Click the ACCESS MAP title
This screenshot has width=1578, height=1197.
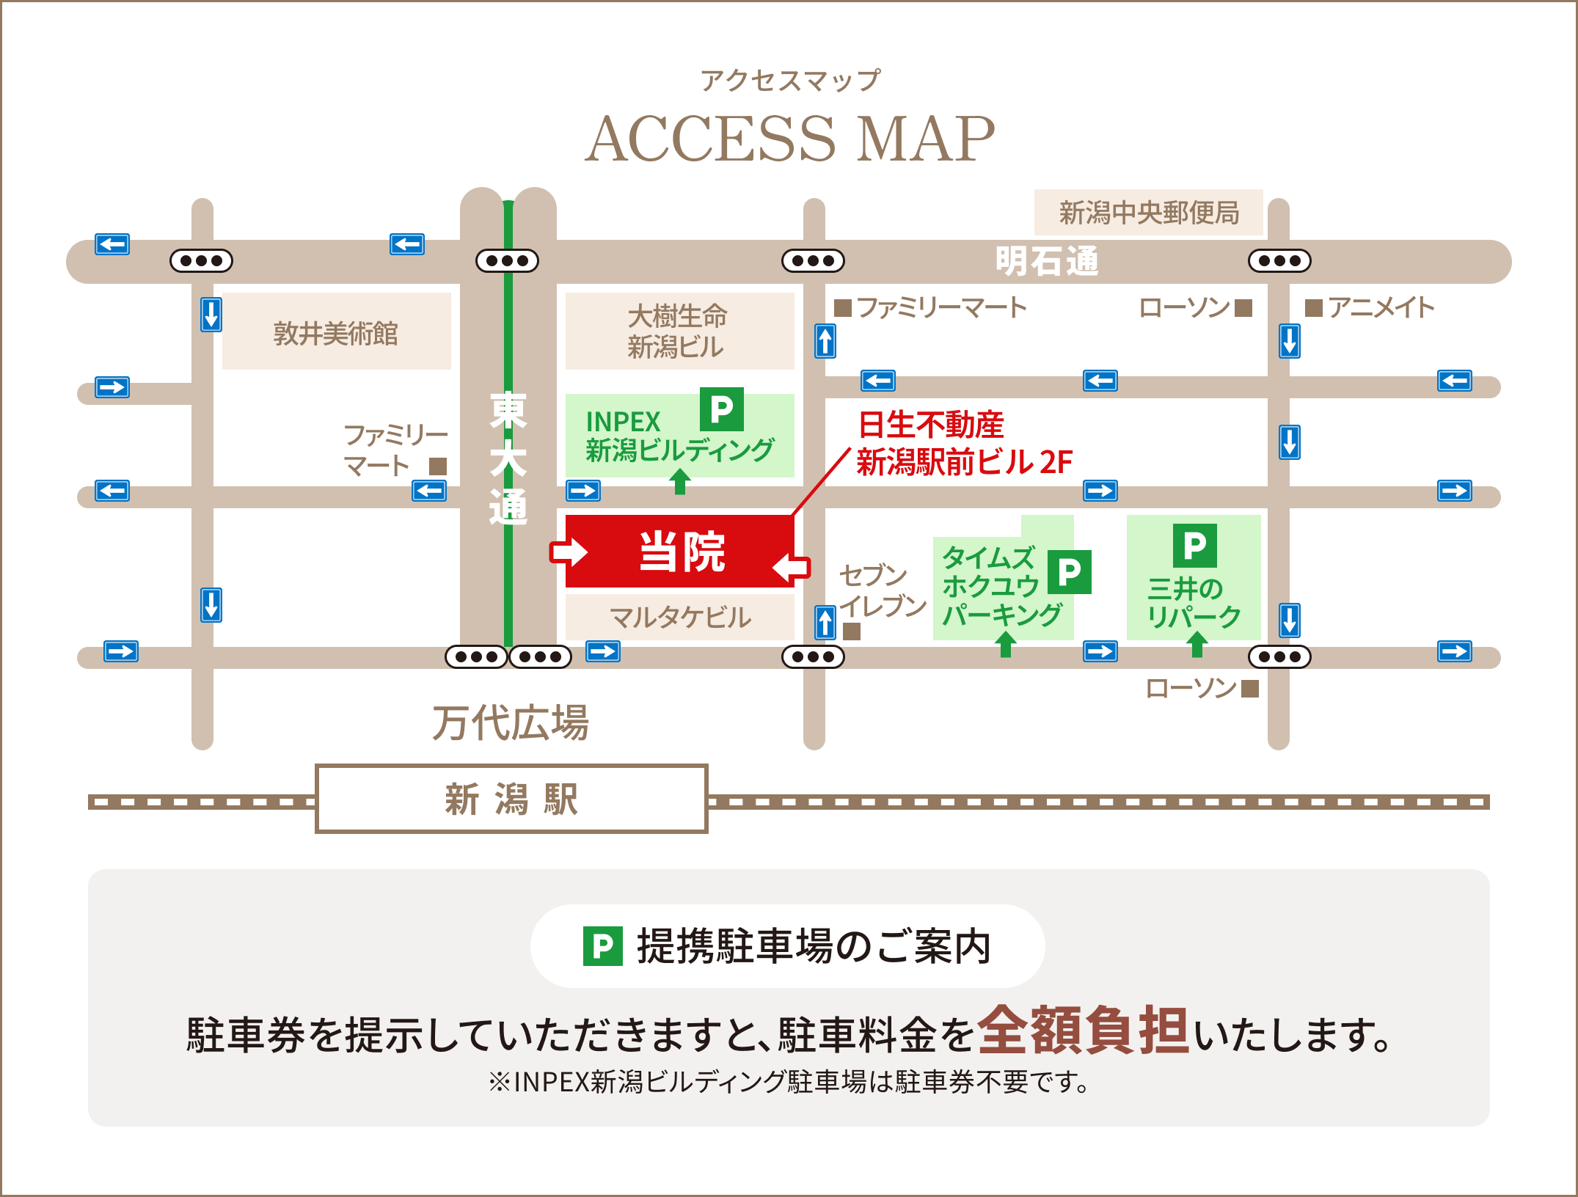(x=789, y=139)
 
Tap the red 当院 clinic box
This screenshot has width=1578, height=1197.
(x=681, y=552)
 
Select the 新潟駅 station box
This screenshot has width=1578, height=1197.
(x=511, y=799)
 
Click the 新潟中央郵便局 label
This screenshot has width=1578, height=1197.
(x=1149, y=213)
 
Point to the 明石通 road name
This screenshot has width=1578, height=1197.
(x=1046, y=261)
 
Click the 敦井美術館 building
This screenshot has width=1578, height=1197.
(x=336, y=333)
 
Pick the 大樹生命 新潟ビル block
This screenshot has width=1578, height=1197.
(x=678, y=332)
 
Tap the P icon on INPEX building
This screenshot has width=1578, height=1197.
(x=721, y=409)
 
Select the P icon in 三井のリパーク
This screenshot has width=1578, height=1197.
(x=1194, y=545)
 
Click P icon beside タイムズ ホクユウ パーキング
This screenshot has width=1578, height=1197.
(x=1069, y=571)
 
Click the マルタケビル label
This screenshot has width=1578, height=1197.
(x=680, y=617)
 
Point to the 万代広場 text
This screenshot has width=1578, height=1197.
(x=511, y=722)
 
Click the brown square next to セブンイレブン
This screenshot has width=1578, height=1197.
(x=851, y=631)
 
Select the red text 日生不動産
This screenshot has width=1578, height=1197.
(x=931, y=425)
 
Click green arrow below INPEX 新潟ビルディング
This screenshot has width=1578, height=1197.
(x=680, y=482)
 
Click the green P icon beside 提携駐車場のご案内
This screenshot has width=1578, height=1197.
(x=602, y=946)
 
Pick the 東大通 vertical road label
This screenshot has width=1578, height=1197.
(x=508, y=458)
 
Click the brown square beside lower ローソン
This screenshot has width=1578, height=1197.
(x=1250, y=688)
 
